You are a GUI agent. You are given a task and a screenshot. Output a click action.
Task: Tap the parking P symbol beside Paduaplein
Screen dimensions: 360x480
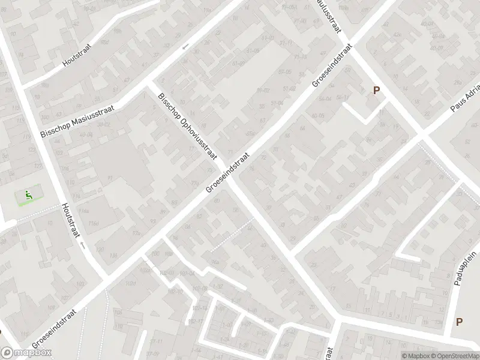[459, 322]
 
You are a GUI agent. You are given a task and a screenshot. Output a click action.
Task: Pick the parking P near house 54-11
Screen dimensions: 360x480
[377, 91]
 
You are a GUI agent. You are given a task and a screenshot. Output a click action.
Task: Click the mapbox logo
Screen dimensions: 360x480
[26, 353]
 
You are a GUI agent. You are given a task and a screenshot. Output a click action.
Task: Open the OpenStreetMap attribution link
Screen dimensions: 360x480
[454, 356]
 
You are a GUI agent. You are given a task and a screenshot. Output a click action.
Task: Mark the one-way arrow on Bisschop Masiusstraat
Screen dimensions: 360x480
[185, 46]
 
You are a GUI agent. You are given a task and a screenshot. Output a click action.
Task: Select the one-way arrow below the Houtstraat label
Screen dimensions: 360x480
[83, 246]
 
